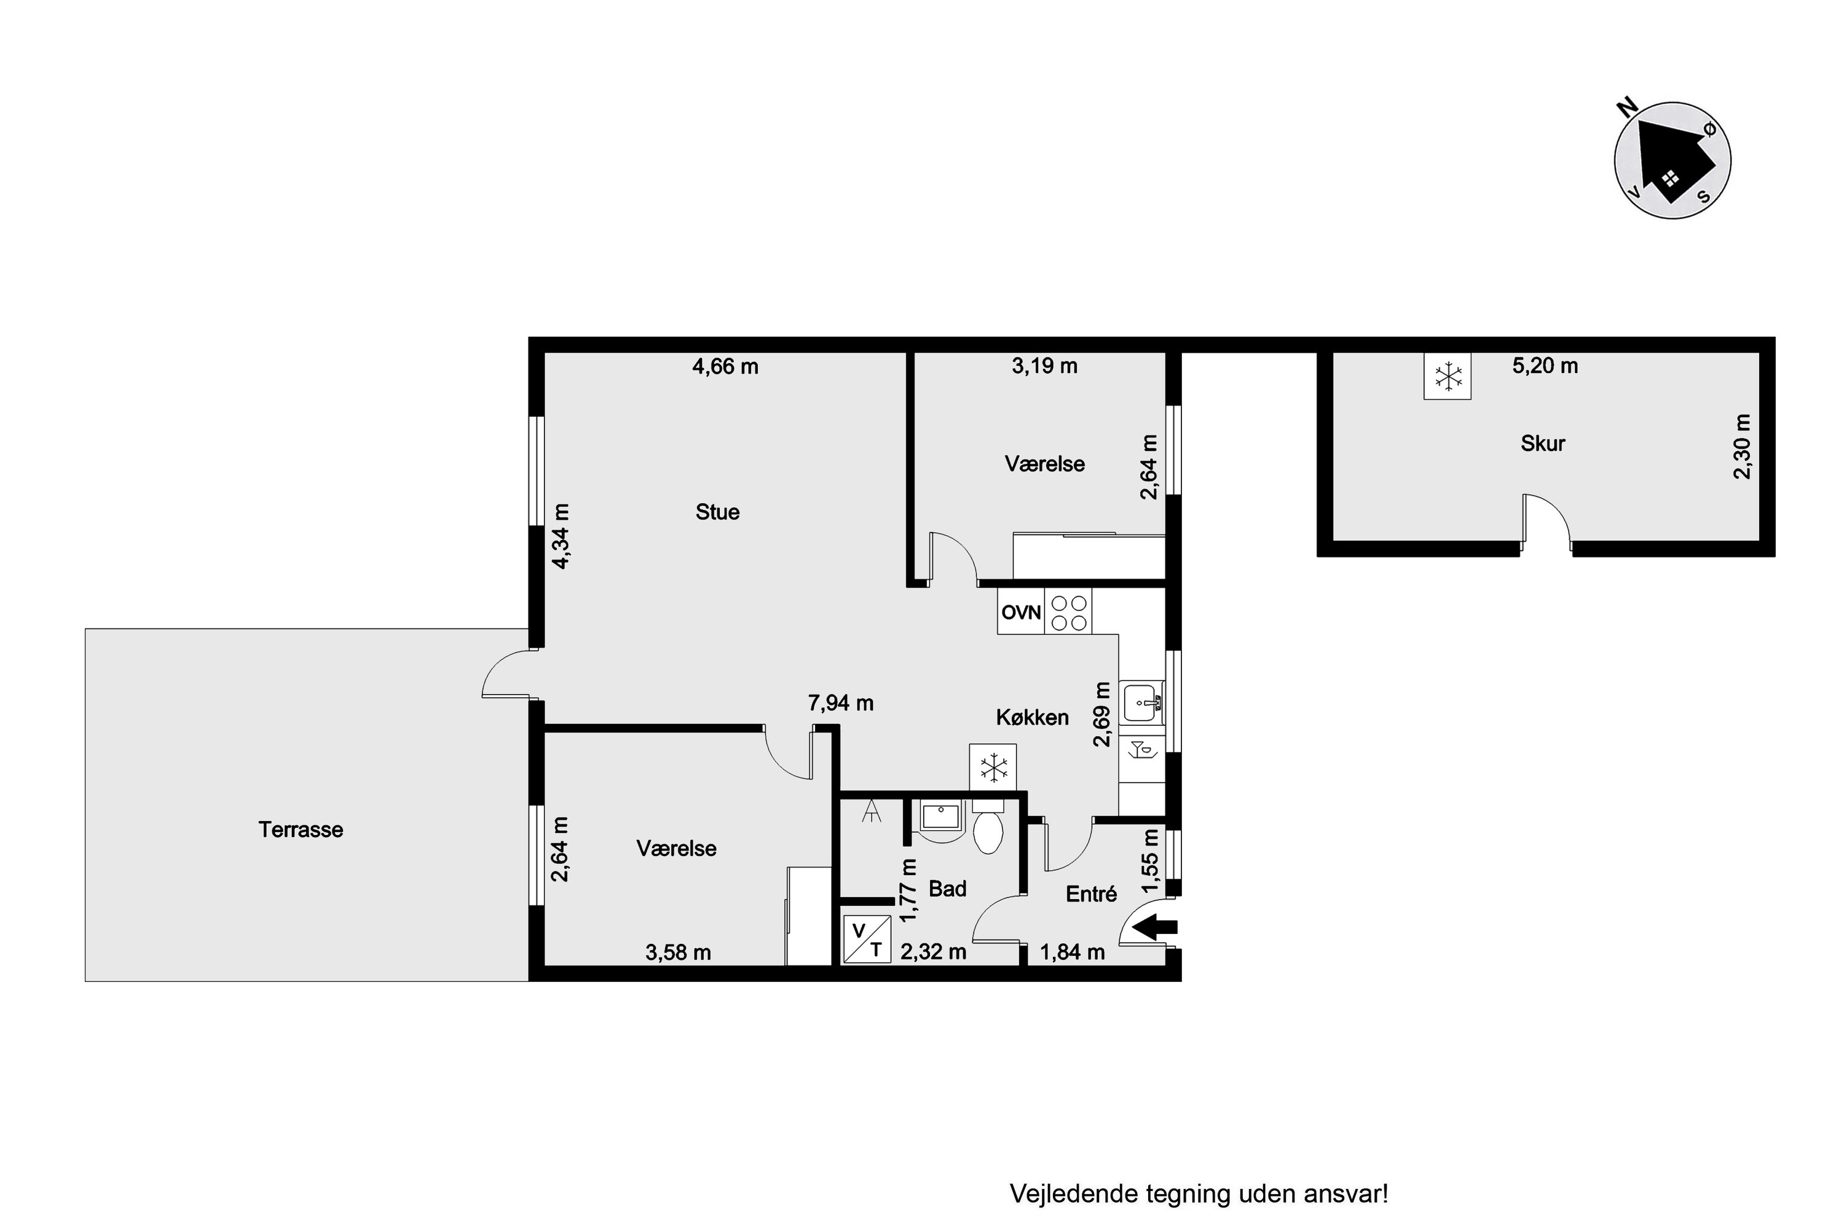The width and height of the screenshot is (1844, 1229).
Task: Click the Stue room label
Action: point(717,512)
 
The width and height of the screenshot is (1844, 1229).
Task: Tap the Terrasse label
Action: point(301,829)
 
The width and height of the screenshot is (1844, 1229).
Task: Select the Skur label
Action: point(1543,443)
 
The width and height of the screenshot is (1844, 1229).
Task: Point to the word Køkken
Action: point(1033,717)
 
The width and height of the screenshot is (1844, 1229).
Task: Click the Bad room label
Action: point(947,888)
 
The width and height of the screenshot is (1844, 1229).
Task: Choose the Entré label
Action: point(1092,893)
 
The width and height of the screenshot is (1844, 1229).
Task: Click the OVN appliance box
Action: point(1021,611)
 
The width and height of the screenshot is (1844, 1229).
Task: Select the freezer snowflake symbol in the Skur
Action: point(1448,376)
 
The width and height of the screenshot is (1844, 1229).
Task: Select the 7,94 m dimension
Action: point(840,703)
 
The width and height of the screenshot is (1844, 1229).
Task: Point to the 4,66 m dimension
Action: point(725,367)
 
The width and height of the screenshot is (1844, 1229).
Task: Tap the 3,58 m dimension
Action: point(678,952)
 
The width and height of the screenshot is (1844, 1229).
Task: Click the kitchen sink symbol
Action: point(1141,702)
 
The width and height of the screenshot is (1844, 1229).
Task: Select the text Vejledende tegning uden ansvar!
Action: point(1199,1194)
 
